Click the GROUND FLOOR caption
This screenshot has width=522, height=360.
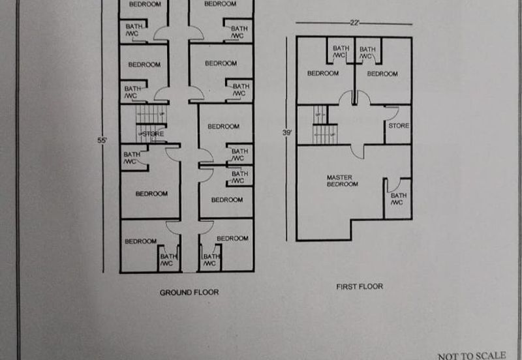pos(189,292)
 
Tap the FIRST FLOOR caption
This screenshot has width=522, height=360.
pos(360,286)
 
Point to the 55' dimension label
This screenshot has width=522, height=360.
pos(102,140)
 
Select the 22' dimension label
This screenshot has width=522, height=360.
pos(355,23)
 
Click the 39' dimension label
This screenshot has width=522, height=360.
pos(287,133)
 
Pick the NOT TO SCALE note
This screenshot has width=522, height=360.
pos(472,356)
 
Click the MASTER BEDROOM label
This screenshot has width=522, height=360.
pos(342,181)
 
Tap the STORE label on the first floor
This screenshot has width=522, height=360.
pos(399,126)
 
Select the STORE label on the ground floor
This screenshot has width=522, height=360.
pos(153,134)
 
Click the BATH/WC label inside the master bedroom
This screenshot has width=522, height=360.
pos(398,199)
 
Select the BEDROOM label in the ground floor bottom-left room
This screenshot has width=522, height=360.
pos(140,241)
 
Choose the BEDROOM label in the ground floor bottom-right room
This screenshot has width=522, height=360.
pos(232,238)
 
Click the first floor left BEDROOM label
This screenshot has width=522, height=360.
pos(323,73)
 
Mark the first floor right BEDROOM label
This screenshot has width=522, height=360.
pos(382,74)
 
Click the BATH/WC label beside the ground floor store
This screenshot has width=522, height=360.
pos(132,158)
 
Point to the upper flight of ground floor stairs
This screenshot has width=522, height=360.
pos(151,113)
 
